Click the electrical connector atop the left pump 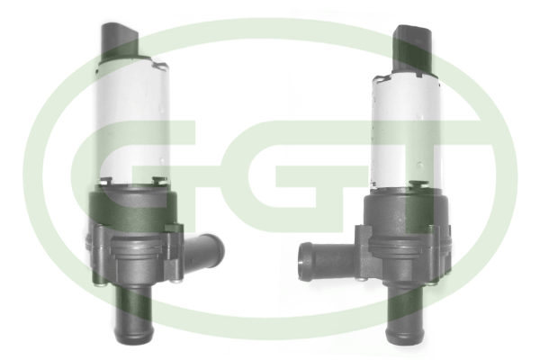click(119, 40)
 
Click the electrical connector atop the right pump click(412, 48)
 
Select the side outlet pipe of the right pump click(326, 260)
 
